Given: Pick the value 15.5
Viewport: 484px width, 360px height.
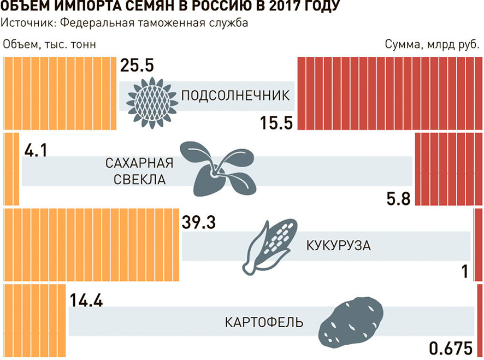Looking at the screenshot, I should pos(276,122).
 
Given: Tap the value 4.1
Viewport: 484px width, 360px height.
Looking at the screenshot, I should pos(35,149).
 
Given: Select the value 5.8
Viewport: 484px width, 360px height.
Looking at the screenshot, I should pos(398,198).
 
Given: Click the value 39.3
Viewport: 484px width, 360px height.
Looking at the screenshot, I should pos(200,223).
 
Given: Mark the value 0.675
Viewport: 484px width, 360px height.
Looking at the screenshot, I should pos(451,348).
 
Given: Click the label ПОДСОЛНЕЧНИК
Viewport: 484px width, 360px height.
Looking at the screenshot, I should pos(234,96).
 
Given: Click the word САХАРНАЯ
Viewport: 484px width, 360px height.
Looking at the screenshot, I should pos(139,163).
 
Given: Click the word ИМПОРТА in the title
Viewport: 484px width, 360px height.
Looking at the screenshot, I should pos(87,8).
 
